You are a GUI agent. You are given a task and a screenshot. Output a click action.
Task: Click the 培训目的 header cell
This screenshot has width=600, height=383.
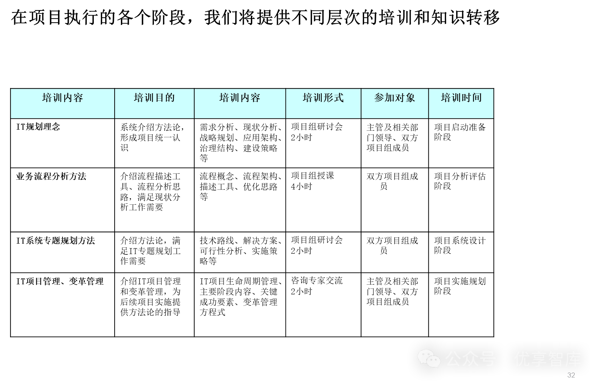[154, 103]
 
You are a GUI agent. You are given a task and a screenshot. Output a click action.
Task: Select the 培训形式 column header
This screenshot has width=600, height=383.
[323, 103]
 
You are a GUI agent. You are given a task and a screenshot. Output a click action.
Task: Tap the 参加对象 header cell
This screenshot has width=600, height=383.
[395, 103]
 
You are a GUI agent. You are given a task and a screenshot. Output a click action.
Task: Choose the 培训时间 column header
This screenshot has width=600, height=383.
[461, 103]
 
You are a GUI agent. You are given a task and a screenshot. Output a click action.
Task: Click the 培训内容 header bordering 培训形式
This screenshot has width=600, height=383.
[240, 103]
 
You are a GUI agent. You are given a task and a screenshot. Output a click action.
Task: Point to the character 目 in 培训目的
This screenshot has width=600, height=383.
[159, 98]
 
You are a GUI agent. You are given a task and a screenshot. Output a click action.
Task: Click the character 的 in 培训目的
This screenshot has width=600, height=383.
[170, 98]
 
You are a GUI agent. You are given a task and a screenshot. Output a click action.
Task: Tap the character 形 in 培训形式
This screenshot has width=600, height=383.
[328, 98]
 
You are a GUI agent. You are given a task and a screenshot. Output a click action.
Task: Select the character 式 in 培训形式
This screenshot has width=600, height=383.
[339, 98]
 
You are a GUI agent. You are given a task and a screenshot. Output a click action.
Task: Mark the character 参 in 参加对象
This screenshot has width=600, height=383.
[379, 98]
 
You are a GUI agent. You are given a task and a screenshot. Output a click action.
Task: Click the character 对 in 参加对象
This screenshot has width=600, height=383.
[400, 98]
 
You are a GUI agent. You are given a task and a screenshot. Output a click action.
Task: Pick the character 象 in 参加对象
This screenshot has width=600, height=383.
[410, 98]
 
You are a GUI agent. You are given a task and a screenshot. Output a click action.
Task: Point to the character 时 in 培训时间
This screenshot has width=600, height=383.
[466, 98]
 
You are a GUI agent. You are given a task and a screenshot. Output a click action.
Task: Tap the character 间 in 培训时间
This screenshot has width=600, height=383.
[477, 98]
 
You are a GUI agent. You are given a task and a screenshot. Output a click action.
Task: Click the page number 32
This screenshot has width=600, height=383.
[571, 375]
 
